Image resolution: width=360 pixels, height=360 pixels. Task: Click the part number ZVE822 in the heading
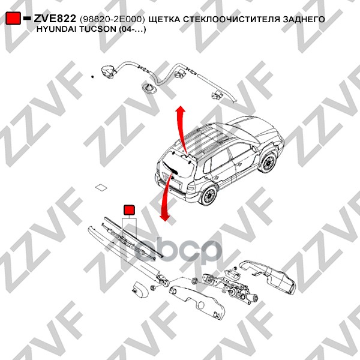(54, 19)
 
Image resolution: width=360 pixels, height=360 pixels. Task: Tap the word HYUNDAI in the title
(58, 29)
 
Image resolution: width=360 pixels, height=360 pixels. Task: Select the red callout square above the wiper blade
(129, 209)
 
